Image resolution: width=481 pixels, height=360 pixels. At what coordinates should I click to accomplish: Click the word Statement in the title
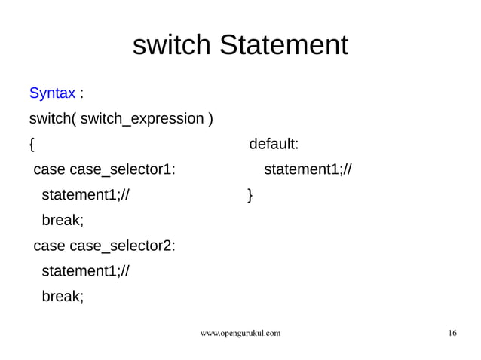[x=283, y=45]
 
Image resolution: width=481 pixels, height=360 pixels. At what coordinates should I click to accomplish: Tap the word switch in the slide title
[x=173, y=45]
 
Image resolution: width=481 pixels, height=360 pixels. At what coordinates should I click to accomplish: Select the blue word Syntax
[x=51, y=93]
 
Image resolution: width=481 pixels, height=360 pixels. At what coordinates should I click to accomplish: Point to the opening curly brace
[x=31, y=144]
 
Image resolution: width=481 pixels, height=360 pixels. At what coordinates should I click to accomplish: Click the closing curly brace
[x=250, y=196]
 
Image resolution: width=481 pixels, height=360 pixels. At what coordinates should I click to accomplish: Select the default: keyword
[x=274, y=144]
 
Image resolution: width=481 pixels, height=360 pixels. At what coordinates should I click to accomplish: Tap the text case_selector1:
[x=122, y=169]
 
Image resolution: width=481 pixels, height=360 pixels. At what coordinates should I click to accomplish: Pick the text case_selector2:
[x=122, y=246]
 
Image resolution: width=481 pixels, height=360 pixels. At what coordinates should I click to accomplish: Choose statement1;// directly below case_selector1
[x=85, y=195]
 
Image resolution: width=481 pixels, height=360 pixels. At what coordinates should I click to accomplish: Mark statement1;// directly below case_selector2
[x=85, y=271]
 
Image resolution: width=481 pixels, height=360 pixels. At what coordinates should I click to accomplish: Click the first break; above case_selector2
[x=63, y=221]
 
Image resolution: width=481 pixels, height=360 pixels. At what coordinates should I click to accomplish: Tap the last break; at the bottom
[x=63, y=297]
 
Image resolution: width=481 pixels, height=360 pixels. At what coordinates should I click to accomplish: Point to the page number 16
[x=452, y=332]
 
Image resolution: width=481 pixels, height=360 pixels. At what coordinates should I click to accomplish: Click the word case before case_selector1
[x=49, y=169]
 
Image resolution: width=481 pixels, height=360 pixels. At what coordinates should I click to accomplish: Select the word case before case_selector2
[x=49, y=246]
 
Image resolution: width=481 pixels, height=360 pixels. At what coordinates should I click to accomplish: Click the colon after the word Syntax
[x=81, y=94]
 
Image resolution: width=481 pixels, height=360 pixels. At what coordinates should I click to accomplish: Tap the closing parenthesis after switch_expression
[x=210, y=119]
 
